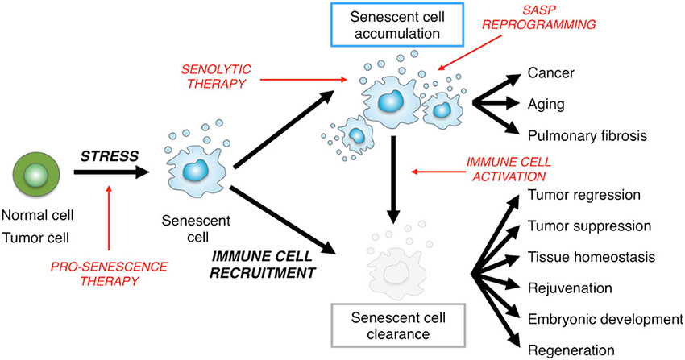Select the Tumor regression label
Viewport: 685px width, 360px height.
(x=583, y=195)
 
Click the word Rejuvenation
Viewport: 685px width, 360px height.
(x=566, y=288)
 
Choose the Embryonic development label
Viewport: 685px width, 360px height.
(x=601, y=318)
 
